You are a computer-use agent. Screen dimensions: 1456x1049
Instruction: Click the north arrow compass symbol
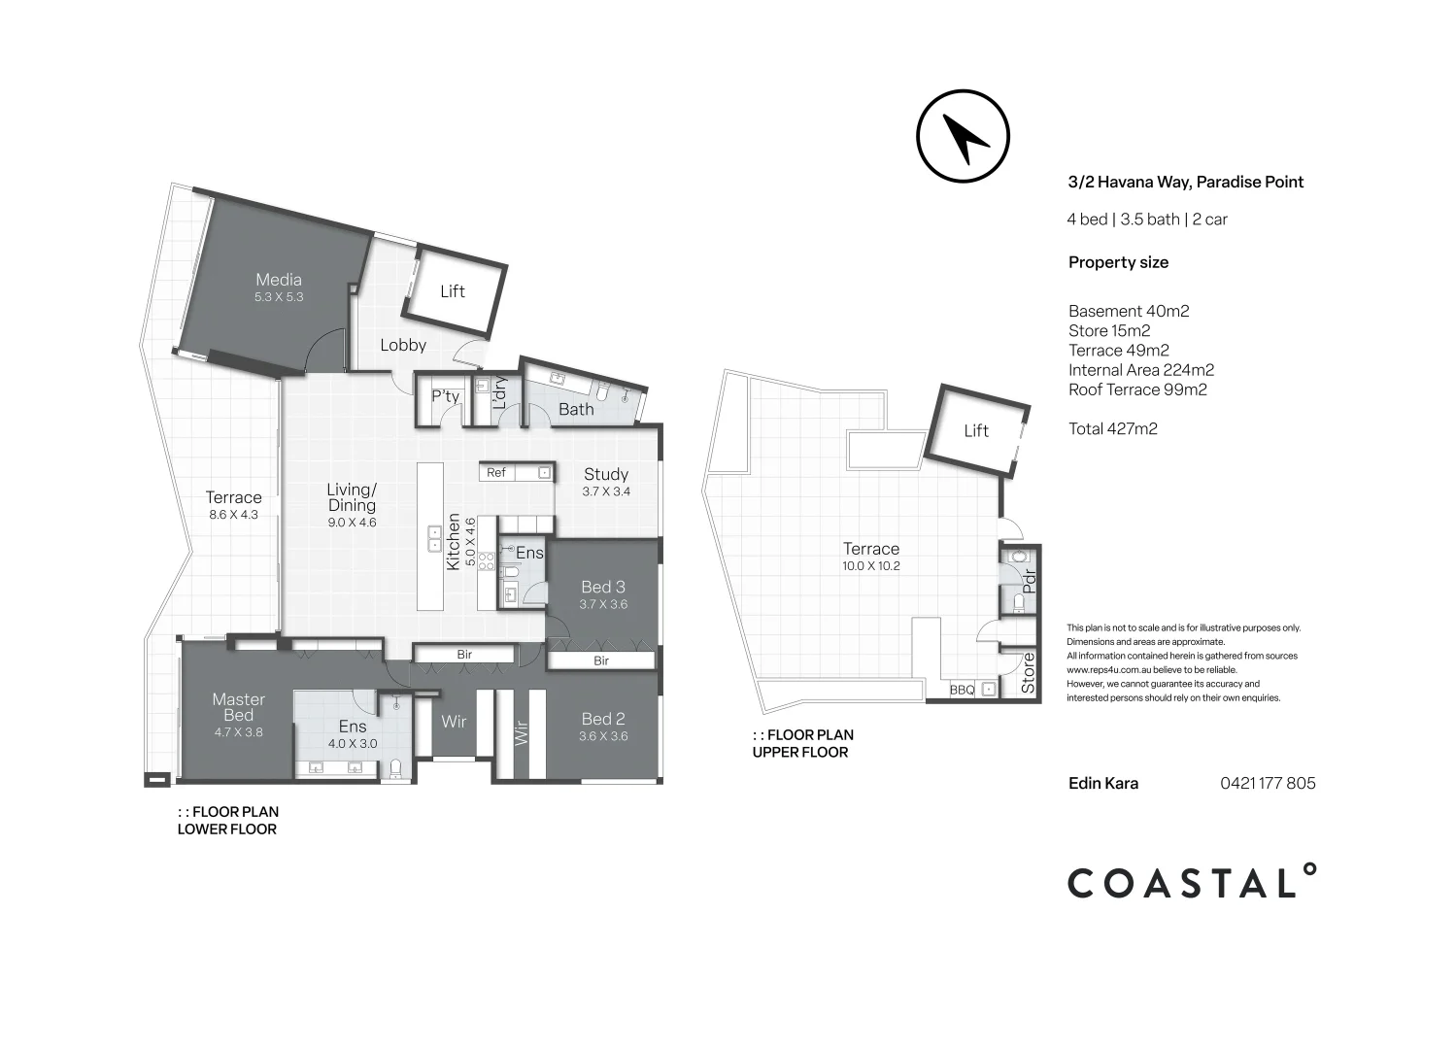click(x=963, y=136)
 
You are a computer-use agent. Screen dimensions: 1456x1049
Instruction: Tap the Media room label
click(x=278, y=280)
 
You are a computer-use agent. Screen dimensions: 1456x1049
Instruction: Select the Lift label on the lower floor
click(x=453, y=291)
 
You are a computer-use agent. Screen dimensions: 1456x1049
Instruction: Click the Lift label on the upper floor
click(x=975, y=430)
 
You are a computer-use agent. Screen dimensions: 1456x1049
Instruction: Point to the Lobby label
click(x=403, y=345)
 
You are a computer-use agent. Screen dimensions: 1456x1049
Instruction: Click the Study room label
click(x=606, y=474)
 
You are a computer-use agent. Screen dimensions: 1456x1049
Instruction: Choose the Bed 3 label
click(x=603, y=587)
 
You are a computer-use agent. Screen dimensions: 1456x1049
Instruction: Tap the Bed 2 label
click(x=603, y=719)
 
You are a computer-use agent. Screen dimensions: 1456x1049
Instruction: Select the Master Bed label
click(x=239, y=707)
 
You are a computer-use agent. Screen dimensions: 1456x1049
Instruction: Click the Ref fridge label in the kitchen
click(x=496, y=472)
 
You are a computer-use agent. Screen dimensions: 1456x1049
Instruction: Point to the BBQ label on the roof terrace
click(x=962, y=690)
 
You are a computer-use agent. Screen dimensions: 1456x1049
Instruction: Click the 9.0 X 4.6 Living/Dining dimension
click(x=352, y=522)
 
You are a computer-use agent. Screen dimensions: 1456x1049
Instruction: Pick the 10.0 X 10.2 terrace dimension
click(x=871, y=566)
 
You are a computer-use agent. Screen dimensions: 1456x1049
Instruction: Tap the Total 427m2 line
click(x=1113, y=429)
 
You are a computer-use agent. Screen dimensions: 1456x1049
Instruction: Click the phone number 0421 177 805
click(x=1268, y=783)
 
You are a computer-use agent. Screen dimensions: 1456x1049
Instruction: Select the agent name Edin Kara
click(x=1103, y=783)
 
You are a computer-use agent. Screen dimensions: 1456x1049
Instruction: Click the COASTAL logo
click(x=1192, y=882)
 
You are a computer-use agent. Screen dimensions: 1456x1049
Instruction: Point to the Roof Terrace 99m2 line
click(x=1137, y=389)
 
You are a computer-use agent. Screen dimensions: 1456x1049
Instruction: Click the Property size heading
click(x=1118, y=262)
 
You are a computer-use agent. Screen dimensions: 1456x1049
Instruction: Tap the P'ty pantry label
click(x=445, y=396)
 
